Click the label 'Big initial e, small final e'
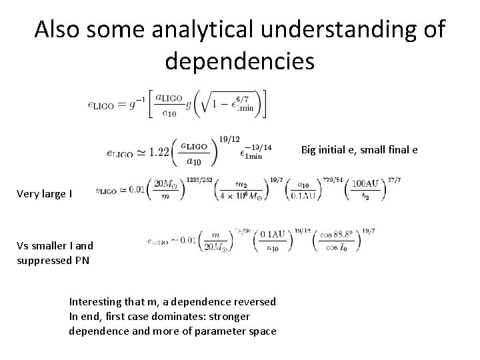(x=359, y=149)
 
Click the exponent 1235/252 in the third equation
(x=201, y=179)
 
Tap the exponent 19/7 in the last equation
(x=367, y=229)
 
